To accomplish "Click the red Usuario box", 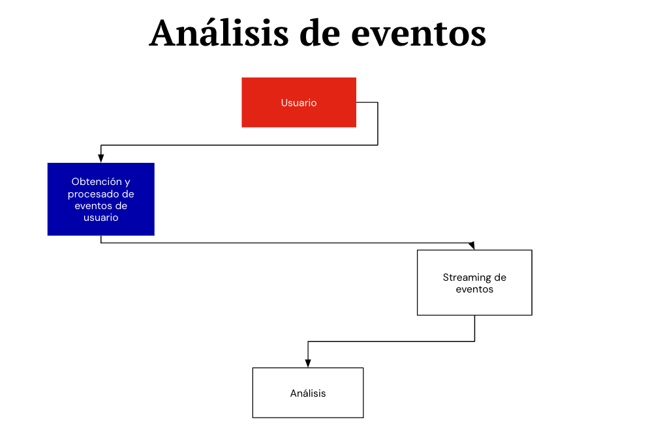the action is click(299, 102).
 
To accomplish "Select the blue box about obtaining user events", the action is click(101, 199).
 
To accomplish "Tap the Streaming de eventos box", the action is click(474, 283).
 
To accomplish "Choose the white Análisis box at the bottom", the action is click(308, 393).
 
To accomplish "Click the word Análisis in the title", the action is click(219, 32).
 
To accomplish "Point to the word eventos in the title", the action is click(419, 34).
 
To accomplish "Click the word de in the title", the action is click(320, 32).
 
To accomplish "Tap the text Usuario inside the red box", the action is click(299, 103).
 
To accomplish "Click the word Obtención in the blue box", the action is click(97, 182).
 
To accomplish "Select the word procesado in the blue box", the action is click(89, 194).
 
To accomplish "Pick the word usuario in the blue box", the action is click(101, 218).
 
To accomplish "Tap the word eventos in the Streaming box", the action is click(474, 289).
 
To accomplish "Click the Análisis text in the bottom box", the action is click(308, 393).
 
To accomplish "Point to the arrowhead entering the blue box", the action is click(101, 158).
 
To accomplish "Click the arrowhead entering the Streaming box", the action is click(472, 246).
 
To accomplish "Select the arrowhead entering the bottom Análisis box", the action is click(308, 364).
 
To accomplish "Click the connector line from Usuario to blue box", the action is click(239, 145).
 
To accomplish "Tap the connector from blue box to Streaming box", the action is click(288, 242).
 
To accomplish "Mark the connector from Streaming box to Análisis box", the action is click(391, 341).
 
